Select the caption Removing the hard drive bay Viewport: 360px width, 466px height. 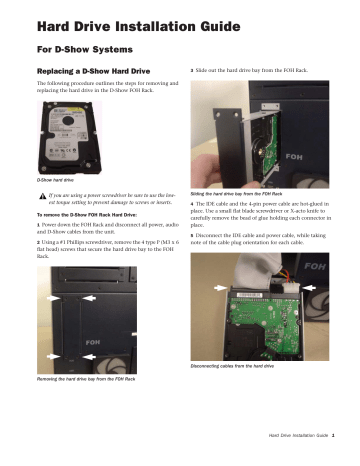pyautogui.click(x=86, y=380)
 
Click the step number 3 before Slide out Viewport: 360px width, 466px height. pyautogui.click(x=190, y=71)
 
